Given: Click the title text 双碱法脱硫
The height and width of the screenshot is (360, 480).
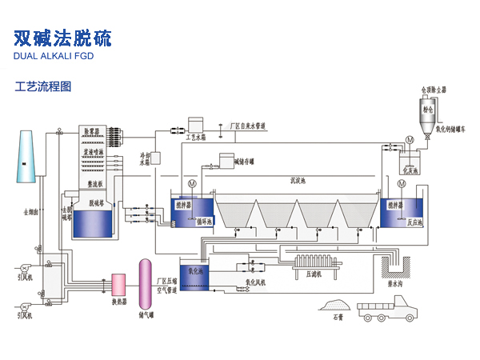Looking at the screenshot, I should (63, 38).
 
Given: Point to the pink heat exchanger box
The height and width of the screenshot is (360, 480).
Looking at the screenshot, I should (118, 284).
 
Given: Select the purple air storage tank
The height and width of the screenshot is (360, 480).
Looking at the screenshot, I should (146, 286).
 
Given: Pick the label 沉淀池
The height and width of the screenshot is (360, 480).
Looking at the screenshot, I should (298, 181).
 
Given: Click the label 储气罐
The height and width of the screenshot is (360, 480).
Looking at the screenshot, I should (146, 316).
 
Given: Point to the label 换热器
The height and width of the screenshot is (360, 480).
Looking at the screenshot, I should (118, 301).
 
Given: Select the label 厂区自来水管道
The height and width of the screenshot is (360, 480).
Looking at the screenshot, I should (247, 126).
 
